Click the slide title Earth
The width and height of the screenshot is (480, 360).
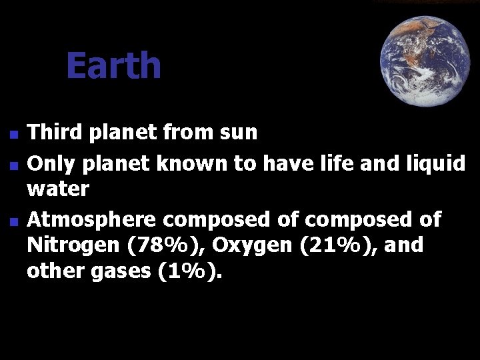pyautogui.click(x=113, y=66)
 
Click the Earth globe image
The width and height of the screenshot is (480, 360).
pyautogui.click(x=425, y=61)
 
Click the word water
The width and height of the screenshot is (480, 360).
pyautogui.click(x=58, y=190)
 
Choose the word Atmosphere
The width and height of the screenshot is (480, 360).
pyautogui.click(x=92, y=219)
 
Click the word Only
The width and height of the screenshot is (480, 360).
pyautogui.click(x=49, y=162)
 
